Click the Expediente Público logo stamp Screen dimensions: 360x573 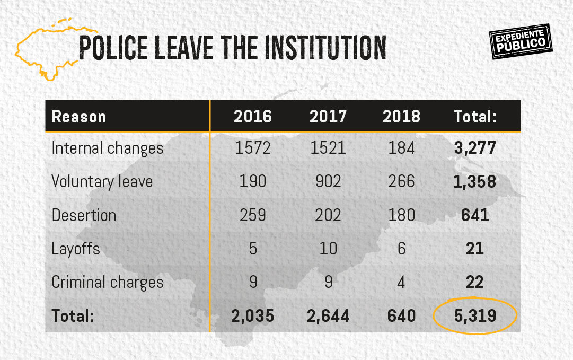(520, 42)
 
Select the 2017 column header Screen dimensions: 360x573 (328, 117)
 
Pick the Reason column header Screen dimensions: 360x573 (79, 117)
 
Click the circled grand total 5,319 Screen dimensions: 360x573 (475, 316)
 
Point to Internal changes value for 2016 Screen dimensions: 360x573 (253, 148)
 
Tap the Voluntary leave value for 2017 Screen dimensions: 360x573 (328, 181)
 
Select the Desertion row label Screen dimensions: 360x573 (84, 215)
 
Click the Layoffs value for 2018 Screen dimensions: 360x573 (401, 249)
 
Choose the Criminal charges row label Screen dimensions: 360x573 (108, 282)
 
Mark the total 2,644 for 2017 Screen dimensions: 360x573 (328, 316)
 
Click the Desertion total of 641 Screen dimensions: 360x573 (475, 215)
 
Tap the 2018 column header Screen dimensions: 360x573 (401, 117)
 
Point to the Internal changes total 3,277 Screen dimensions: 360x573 (475, 148)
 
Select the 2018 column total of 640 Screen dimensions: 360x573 (401, 316)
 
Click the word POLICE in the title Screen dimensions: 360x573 (113, 48)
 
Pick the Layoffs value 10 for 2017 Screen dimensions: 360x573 (328, 249)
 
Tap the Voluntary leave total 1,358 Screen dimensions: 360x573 (475, 181)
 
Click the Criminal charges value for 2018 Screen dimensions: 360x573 (401, 282)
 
